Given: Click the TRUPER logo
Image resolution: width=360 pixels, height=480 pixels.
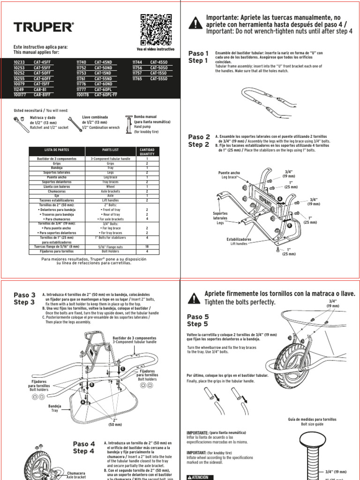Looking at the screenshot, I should coord(44,28).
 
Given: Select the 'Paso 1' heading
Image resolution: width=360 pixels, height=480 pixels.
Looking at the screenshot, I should coord(198,53).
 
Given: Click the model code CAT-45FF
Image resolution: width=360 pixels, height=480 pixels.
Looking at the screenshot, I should coord(43,62).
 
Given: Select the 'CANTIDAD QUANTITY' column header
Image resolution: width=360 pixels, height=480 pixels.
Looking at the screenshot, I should coord(147,151).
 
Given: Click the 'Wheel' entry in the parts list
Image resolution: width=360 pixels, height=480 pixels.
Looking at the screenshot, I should coord(110,187).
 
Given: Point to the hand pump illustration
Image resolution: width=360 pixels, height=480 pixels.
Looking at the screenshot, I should coord(129,124).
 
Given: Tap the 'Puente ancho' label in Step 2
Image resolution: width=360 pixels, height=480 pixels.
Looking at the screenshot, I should coord(229,173).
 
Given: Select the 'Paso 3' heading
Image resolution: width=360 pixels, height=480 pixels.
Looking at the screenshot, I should coord(24,295).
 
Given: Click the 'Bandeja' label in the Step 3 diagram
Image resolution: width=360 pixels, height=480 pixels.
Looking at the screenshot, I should coord(55,406).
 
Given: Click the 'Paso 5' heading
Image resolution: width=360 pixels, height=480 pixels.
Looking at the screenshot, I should coord(198,317).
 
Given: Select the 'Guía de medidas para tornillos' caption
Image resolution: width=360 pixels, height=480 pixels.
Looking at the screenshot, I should coord(312,419).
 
